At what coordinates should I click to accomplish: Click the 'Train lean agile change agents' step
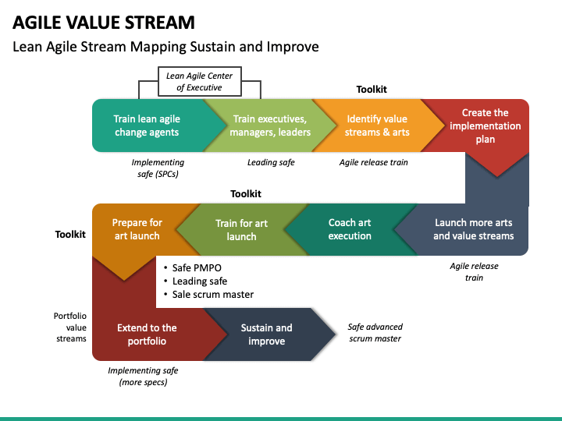click(147, 126)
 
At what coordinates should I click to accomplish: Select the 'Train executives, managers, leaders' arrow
click(270, 126)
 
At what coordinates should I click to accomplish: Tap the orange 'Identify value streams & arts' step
click(377, 126)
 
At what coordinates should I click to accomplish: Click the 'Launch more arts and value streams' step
click(473, 229)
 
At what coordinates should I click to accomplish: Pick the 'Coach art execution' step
click(350, 229)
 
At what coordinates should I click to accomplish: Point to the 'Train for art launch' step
click(241, 230)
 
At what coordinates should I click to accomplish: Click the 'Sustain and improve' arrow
click(267, 334)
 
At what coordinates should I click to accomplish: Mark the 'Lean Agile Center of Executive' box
click(200, 82)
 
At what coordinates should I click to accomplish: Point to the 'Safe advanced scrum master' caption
click(375, 333)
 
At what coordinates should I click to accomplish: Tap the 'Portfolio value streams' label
click(70, 327)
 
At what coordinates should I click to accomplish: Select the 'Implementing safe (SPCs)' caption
click(158, 168)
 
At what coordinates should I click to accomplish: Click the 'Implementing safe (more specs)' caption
click(143, 377)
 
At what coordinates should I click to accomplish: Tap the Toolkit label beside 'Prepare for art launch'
click(70, 235)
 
